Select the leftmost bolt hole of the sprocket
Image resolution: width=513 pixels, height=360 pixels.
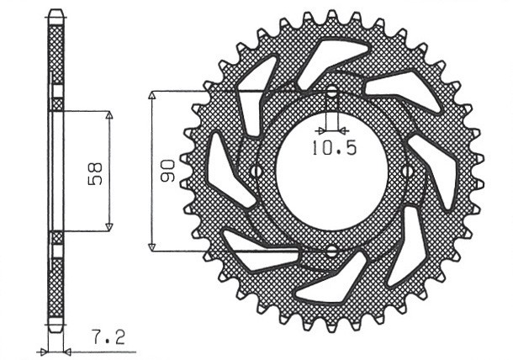pyautogui.click(x=256, y=171)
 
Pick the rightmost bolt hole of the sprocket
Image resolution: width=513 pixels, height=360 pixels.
pyautogui.click(x=407, y=171)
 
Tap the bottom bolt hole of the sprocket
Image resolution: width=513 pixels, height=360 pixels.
pyautogui.click(x=331, y=250)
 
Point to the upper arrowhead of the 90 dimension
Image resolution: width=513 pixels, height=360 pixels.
pyautogui.click(x=152, y=94)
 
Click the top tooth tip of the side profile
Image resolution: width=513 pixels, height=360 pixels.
pyautogui.click(x=56, y=11)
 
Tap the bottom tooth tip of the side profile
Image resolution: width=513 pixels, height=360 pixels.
pyautogui.click(x=56, y=330)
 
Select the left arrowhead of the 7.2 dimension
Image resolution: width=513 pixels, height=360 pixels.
pyautogui.click(x=44, y=350)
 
